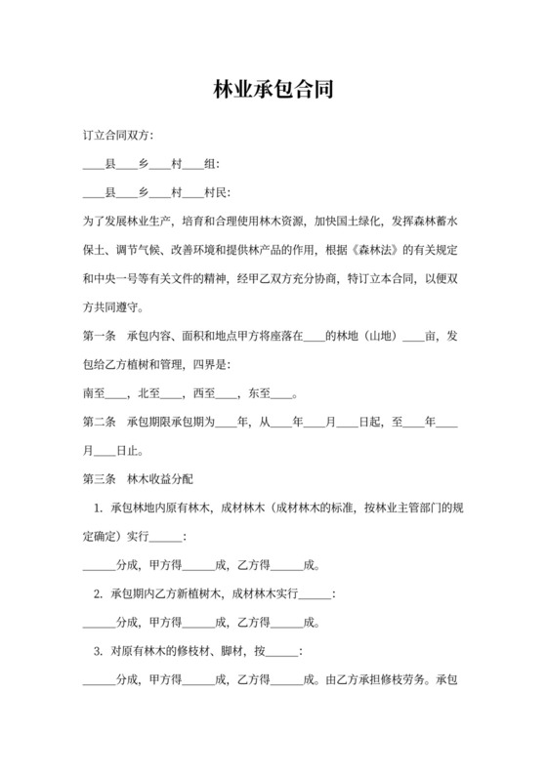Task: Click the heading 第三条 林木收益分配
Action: (139, 480)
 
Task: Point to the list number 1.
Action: (98, 509)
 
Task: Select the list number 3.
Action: (98, 651)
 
